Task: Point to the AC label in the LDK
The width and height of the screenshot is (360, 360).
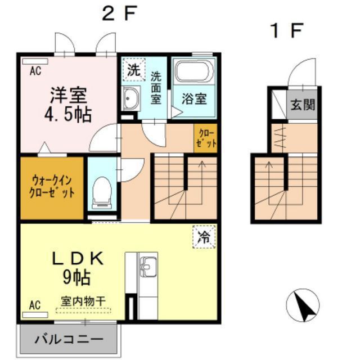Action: tap(35, 305)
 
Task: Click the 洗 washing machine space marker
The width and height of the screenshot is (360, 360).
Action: tap(133, 70)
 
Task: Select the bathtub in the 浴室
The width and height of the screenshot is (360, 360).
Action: tap(193, 73)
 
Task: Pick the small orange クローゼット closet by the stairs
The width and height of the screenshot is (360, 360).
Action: tap(206, 137)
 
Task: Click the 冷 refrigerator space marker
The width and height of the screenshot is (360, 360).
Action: tap(204, 236)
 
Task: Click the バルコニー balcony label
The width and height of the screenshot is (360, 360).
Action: tap(69, 339)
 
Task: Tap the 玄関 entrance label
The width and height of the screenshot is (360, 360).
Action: tap(303, 105)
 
